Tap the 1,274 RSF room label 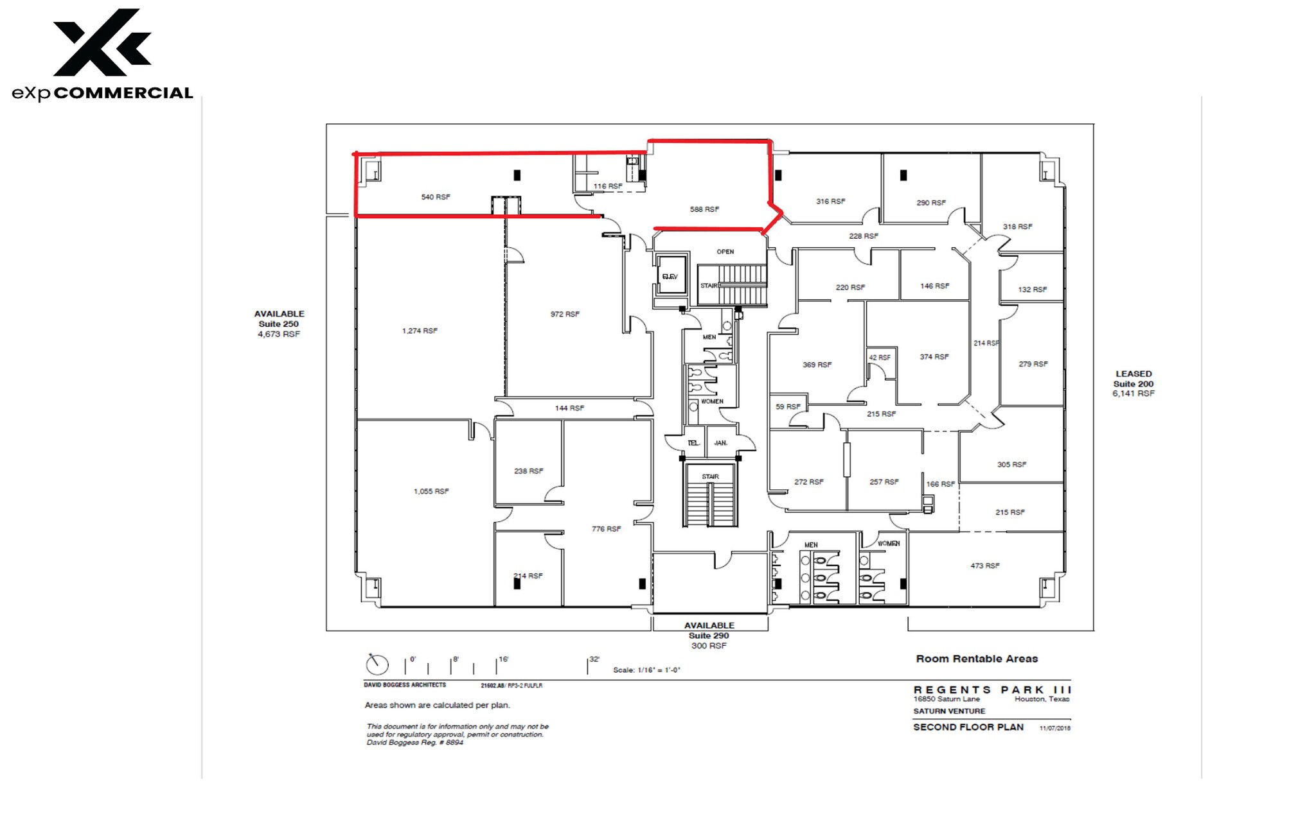click(420, 331)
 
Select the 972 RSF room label click(565, 315)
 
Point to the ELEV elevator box click(671, 277)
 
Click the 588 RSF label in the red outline click(704, 209)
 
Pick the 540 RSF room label click(436, 197)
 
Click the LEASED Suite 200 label click(1134, 383)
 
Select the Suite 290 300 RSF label click(709, 641)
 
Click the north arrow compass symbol click(377, 664)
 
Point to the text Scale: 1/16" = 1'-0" click(646, 670)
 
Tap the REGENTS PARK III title click(992, 690)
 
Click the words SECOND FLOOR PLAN click(968, 727)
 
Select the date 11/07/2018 click(1054, 728)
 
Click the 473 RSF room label click(984, 566)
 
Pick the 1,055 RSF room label click(431, 492)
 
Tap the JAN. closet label click(721, 443)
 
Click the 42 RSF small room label click(880, 358)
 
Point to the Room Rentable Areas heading click(977, 659)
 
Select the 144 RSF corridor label click(569, 408)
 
